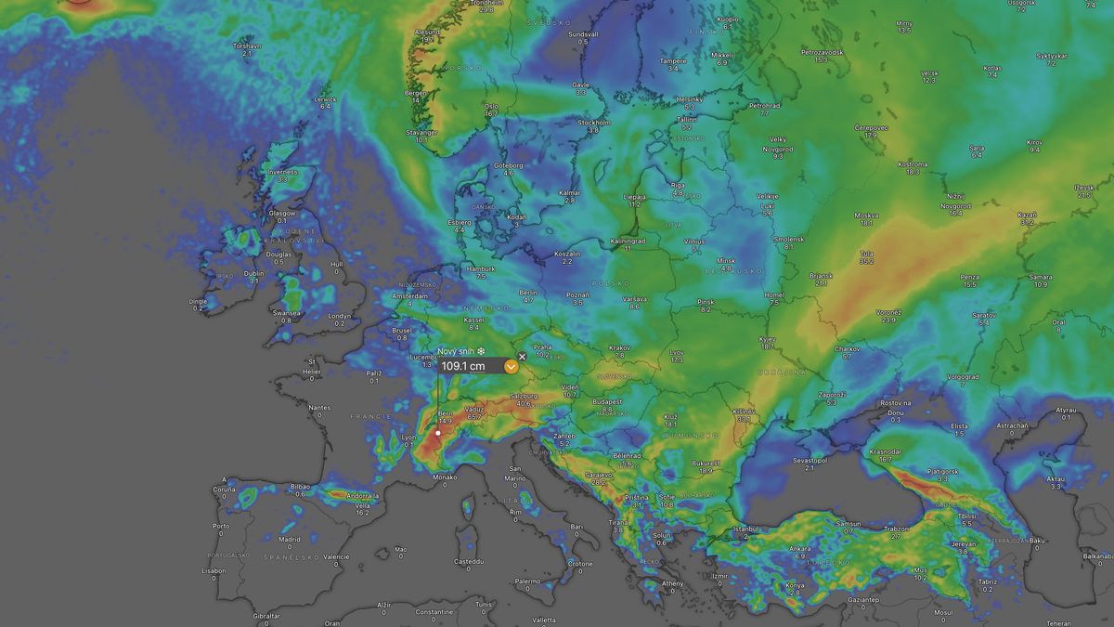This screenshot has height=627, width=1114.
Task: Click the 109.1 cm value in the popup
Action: (x=462, y=366)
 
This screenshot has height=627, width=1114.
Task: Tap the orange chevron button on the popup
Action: (x=511, y=367)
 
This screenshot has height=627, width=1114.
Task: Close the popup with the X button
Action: (x=522, y=356)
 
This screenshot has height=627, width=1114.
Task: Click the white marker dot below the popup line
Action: (x=437, y=433)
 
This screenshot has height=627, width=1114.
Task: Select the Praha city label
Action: (x=543, y=347)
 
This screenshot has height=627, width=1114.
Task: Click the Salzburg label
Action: (x=524, y=396)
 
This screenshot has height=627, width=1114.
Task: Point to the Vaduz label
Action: (x=474, y=410)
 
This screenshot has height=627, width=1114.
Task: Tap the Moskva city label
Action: (x=866, y=216)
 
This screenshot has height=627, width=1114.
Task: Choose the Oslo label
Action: (x=491, y=106)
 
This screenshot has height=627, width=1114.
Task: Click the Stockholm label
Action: (x=594, y=123)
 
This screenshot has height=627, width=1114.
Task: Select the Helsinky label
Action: (x=690, y=99)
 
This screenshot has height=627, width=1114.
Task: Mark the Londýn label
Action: (x=340, y=316)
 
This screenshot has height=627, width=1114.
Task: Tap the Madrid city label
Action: (x=290, y=539)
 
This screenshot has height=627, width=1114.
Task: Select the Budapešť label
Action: (x=607, y=402)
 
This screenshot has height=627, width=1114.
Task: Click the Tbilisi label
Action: (x=966, y=516)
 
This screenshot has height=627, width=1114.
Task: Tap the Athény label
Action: (x=672, y=582)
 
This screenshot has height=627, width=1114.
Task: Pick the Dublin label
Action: (x=254, y=273)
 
